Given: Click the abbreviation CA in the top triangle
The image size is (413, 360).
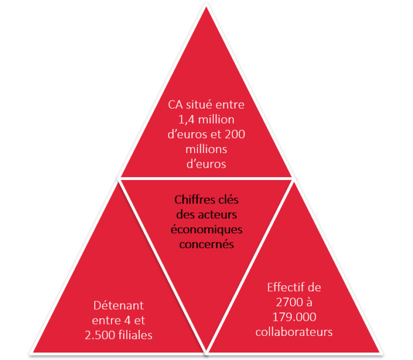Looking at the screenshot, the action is pyautogui.click(x=175, y=105).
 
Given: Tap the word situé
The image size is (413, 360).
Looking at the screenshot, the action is pyautogui.click(x=199, y=105).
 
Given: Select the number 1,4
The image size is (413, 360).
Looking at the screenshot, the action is pyautogui.click(x=187, y=120).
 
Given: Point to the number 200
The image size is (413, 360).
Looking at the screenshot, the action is pyautogui.click(x=235, y=134).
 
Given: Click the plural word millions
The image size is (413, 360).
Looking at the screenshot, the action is pyautogui.click(x=206, y=149).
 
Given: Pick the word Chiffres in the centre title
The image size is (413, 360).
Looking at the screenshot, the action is pyautogui.click(x=192, y=200).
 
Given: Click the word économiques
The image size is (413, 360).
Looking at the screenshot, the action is pyautogui.click(x=206, y=230).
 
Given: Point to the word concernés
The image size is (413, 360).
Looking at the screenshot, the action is pyautogui.click(x=206, y=244).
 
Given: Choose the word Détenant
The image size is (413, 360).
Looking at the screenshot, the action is pyautogui.click(x=118, y=306).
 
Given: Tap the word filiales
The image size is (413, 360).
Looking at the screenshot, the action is pyautogui.click(x=136, y=335).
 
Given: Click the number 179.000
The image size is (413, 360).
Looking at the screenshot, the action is pyautogui.click(x=294, y=317).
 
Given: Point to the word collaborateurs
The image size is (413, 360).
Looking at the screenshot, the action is pyautogui.click(x=294, y=332).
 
